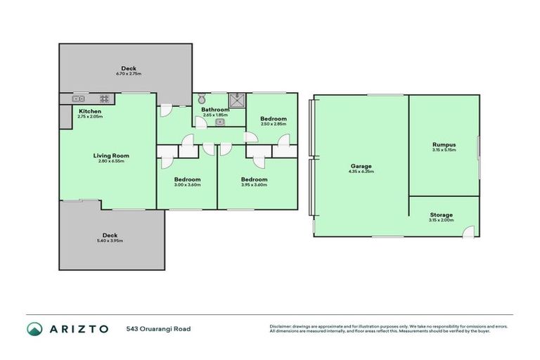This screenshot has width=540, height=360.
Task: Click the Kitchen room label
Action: tap(90, 111)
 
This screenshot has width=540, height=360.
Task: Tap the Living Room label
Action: tap(111, 155)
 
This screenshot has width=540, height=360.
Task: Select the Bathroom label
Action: tap(215, 110)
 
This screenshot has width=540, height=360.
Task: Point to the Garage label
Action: tap(361, 167)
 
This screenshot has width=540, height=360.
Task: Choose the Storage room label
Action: tap(441, 214)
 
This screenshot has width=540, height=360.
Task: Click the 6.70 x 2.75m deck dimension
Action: tap(128, 73)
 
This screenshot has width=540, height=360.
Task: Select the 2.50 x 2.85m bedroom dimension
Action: tap(274, 124)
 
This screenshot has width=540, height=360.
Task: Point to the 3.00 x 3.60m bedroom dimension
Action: tap(188, 185)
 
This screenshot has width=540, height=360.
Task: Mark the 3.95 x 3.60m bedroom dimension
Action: tap(254, 185)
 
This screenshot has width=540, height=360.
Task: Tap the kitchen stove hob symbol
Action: tap(105, 98)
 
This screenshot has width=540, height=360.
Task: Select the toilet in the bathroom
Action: tap(201, 99)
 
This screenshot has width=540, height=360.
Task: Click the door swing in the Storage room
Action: tap(470, 230)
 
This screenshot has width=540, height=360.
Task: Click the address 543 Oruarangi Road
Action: tap(158, 328)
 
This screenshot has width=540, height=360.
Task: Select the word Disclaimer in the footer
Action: tap(282, 326)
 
